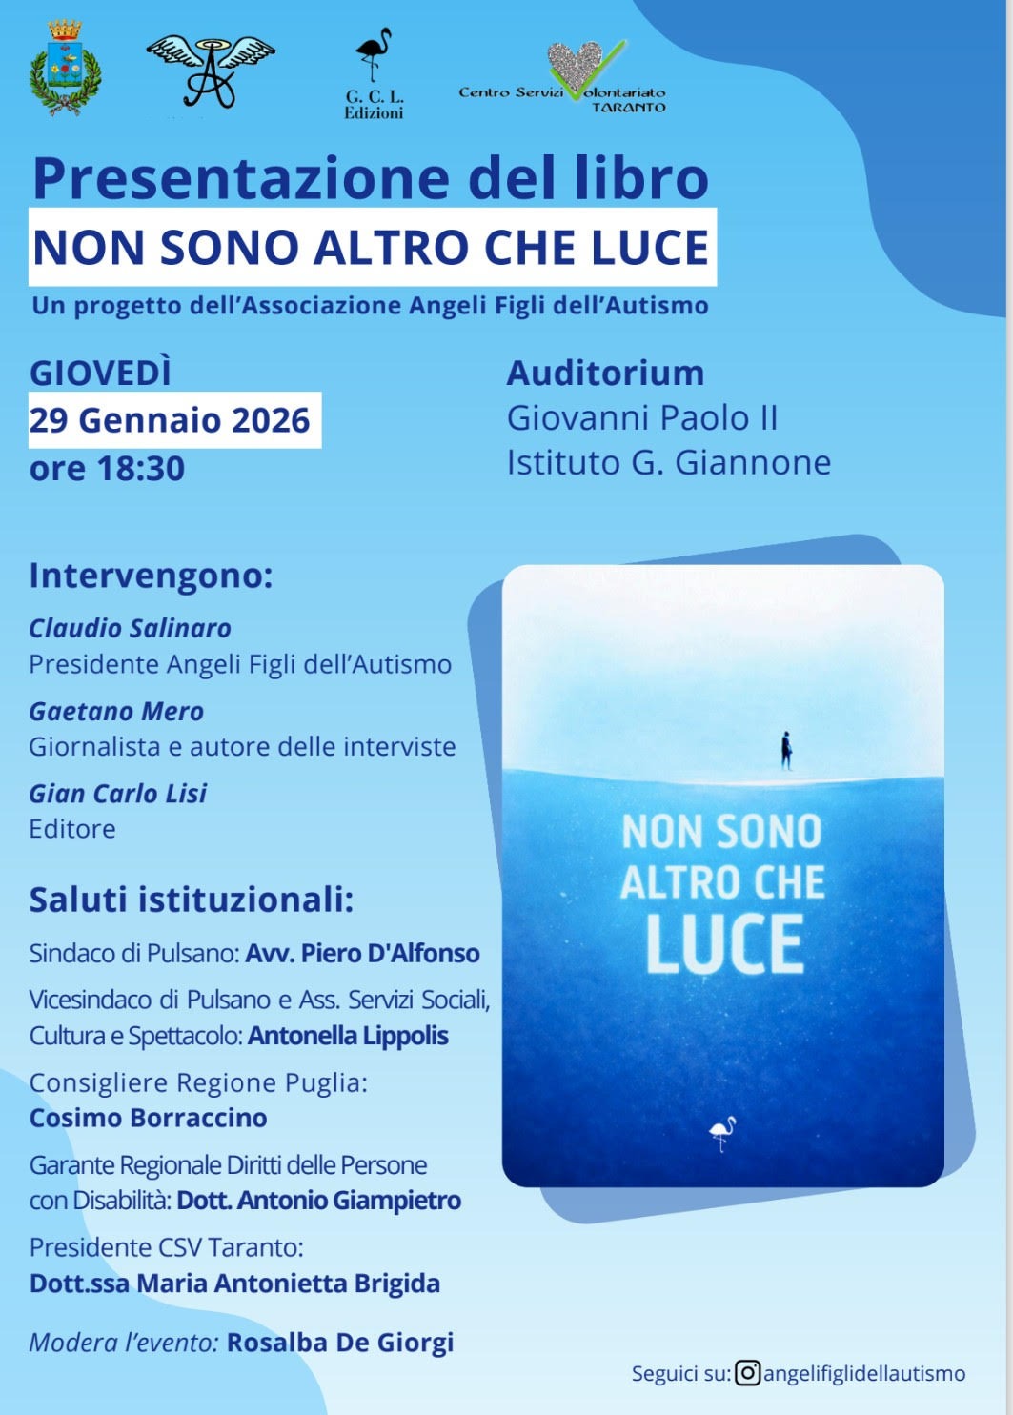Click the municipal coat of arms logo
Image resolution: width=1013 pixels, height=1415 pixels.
(65, 69)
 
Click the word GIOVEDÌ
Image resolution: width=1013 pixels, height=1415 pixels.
(101, 373)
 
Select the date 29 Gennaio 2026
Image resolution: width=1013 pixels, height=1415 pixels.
(171, 420)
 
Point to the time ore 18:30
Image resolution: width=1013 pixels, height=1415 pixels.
(107, 469)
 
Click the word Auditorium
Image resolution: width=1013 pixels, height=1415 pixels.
(605, 373)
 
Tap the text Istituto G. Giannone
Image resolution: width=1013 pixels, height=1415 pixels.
(668, 463)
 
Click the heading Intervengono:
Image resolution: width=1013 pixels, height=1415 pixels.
(151, 576)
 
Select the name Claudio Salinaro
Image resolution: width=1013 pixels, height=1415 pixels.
(130, 628)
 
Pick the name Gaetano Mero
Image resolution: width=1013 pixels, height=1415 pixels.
(116, 711)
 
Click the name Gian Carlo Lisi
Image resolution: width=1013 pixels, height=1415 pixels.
(117, 793)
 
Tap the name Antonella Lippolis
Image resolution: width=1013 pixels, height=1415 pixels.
(348, 1036)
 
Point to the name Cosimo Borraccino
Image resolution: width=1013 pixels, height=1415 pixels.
(148, 1118)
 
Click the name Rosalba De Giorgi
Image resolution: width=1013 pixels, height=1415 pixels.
(340, 1343)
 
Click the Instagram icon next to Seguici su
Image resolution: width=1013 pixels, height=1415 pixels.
(748, 1373)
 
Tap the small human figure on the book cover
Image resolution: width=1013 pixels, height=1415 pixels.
(786, 750)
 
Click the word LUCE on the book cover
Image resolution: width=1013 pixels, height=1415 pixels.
(724, 945)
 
